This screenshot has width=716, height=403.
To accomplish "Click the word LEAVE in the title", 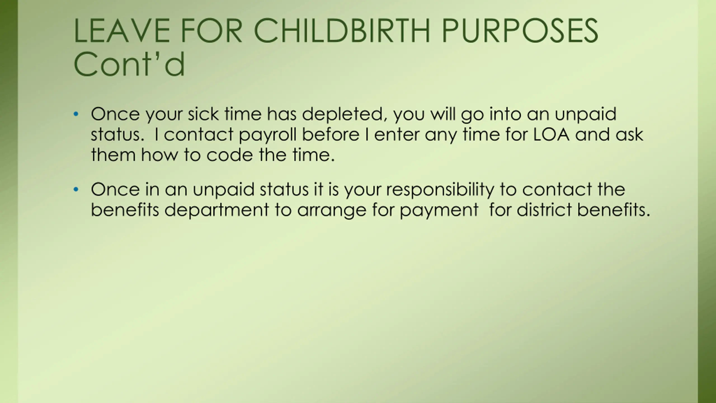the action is point(122,31).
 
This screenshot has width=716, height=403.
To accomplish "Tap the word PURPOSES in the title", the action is point(520,31).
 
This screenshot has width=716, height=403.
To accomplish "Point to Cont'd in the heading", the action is point(129,64).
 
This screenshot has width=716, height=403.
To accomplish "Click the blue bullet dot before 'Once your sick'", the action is point(76,114).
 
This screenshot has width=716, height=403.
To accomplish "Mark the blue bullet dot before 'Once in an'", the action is point(76,189).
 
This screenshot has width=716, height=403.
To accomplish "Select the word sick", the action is point(203,114).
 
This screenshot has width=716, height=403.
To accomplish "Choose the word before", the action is point(331,134).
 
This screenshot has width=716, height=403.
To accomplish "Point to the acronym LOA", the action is point(551,134).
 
